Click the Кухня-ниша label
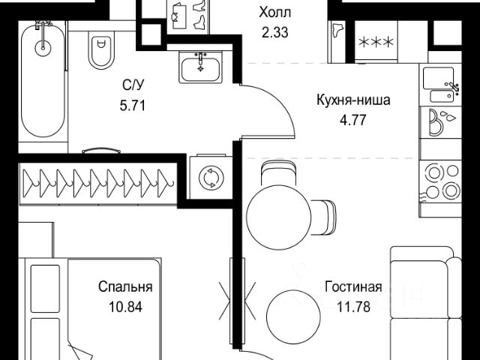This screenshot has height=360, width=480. (x=352, y=100)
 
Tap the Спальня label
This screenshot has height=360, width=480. (x=126, y=287)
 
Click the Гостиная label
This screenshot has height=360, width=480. (x=353, y=287)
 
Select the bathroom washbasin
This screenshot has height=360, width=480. (x=200, y=67)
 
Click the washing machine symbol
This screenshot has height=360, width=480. (x=210, y=178)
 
